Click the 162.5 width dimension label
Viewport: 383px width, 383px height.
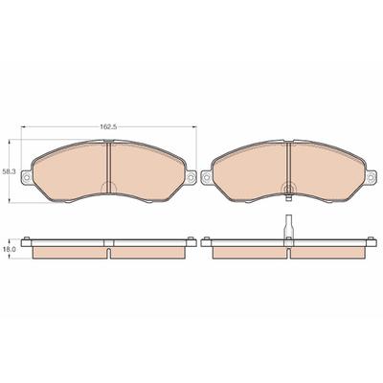pos(109,126)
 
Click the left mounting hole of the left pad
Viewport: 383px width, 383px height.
pos(27,176)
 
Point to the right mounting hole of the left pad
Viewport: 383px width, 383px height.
pos(191,176)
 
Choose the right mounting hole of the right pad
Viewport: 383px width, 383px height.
pos(371,176)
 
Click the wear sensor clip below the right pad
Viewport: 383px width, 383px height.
pos(288,196)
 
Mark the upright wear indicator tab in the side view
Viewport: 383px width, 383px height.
pos(288,226)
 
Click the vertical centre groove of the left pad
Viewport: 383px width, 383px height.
pos(108,167)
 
